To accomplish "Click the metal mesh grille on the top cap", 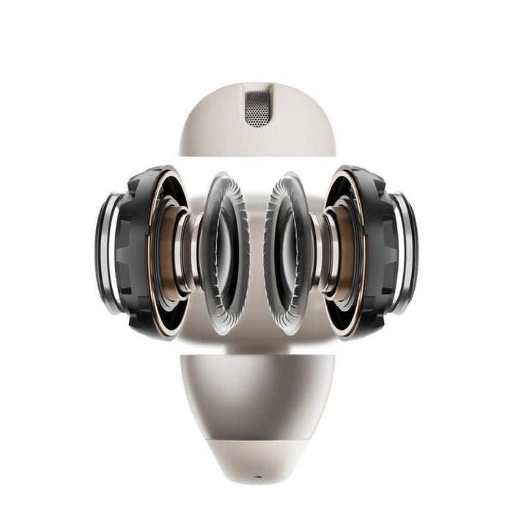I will click(257, 108).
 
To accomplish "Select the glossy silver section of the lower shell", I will click(256, 396).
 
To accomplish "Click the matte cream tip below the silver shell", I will click(257, 458).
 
